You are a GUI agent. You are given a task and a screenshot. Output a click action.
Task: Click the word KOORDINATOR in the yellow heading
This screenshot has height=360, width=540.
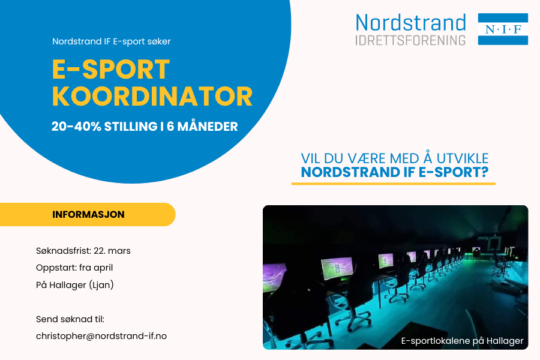coord(152,96)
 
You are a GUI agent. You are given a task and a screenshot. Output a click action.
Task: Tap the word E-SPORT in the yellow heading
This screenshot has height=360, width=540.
coord(111,70)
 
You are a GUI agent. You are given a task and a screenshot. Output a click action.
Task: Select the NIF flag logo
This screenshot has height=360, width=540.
coord(503,29)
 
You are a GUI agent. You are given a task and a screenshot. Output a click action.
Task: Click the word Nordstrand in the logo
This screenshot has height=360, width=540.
coord(410,23)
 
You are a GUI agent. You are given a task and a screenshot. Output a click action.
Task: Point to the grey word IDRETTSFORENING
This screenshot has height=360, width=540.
coord(410,40)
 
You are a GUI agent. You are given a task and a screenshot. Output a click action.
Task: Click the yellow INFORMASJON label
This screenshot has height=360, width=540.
coord(88,214)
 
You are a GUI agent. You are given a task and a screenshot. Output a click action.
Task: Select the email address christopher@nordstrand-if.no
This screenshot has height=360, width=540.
coord(101,336)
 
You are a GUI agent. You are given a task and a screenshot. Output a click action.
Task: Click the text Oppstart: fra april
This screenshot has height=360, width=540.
coord(74,268)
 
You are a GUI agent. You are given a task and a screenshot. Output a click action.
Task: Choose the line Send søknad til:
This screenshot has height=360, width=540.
coord(70,319)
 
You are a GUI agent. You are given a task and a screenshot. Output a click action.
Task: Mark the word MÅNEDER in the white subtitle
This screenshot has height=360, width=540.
coord(210,127)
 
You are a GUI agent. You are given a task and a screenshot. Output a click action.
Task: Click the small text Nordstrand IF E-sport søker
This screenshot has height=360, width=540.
coord(112,42)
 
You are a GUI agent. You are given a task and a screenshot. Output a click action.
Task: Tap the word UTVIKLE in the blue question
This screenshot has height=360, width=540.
coord(459,158)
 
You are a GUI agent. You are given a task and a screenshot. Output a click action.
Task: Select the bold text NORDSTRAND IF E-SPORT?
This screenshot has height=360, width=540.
coord(394,172)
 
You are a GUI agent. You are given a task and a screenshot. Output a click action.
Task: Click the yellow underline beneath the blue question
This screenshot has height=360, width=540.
coord(393,183)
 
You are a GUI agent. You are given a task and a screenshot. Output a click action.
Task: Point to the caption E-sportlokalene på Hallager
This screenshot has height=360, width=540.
coord(462,341)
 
